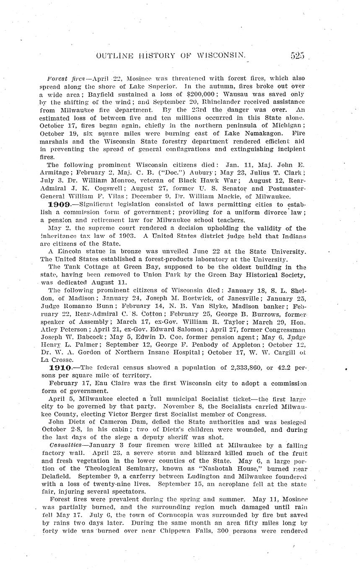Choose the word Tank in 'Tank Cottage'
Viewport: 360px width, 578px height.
click(x=71, y=267)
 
